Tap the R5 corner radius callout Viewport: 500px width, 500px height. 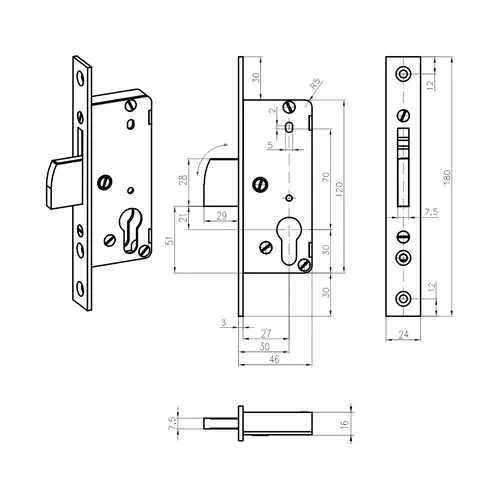click(x=315, y=83)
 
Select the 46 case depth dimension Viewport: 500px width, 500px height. click(x=274, y=359)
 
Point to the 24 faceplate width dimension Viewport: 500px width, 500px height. click(x=403, y=334)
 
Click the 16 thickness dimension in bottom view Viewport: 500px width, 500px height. click(x=345, y=424)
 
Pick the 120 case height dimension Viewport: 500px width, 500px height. click(x=339, y=189)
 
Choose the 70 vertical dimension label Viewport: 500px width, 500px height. click(x=326, y=177)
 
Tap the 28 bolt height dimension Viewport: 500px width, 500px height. click(x=183, y=180)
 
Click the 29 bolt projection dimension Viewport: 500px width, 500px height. click(x=222, y=216)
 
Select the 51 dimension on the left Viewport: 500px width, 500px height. click(x=170, y=241)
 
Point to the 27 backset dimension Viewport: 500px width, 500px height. click(x=266, y=333)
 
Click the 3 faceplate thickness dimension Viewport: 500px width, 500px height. click(x=224, y=322)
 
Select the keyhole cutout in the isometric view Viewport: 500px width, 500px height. click(x=130, y=230)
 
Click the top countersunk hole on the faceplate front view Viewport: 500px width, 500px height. click(x=403, y=73)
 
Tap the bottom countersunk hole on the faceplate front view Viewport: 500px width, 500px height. click(x=403, y=298)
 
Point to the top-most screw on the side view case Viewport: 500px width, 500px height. click(x=289, y=107)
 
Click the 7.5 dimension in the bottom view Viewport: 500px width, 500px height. click(x=172, y=423)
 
